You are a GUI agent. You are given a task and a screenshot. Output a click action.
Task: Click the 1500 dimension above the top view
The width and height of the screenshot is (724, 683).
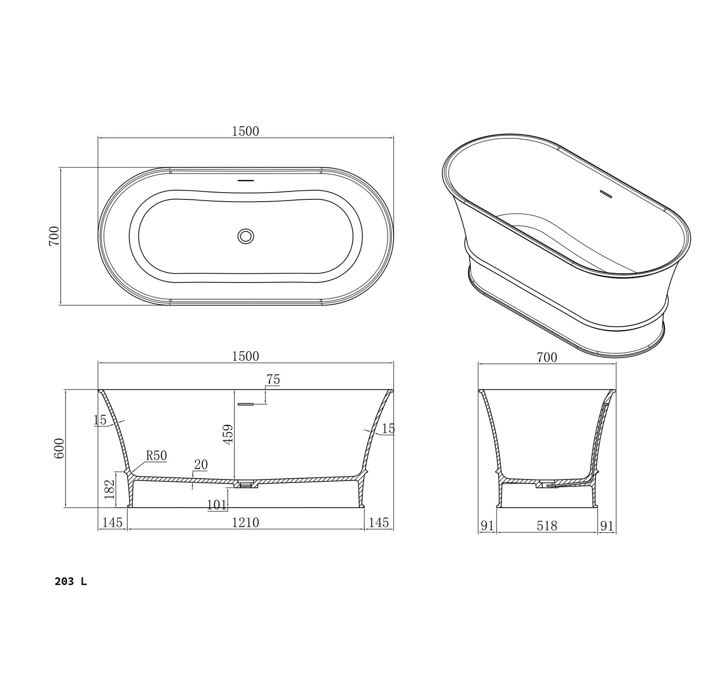click(245, 131)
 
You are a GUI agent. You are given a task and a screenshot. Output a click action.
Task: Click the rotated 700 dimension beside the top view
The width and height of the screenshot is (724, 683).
click(54, 236)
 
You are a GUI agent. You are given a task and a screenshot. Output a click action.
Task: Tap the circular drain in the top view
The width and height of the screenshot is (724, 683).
click(246, 236)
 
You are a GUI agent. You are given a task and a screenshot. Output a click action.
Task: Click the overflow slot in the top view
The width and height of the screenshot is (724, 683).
click(246, 180)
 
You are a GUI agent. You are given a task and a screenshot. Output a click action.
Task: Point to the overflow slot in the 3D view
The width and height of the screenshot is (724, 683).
click(605, 193)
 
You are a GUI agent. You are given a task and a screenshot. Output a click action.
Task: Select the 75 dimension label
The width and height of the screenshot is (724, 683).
click(273, 380)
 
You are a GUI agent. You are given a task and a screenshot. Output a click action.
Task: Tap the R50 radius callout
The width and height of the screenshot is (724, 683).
click(156, 456)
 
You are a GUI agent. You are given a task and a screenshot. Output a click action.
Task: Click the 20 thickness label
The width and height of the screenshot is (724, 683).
click(200, 464)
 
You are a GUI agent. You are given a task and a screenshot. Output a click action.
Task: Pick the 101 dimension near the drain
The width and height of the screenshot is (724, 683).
click(217, 504)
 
